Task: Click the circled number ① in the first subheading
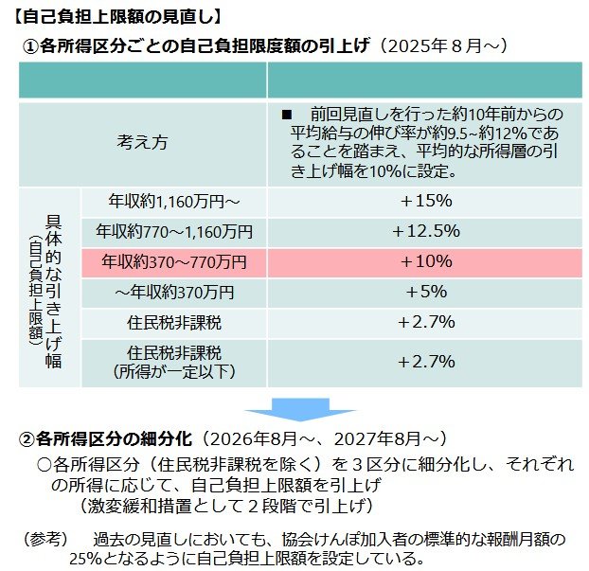(32, 45)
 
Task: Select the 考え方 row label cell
(142, 143)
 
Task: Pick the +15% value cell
(426, 201)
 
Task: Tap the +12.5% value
(426, 231)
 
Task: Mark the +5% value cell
(426, 292)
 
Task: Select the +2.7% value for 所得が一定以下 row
(426, 362)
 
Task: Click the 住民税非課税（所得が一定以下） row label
(174, 362)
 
